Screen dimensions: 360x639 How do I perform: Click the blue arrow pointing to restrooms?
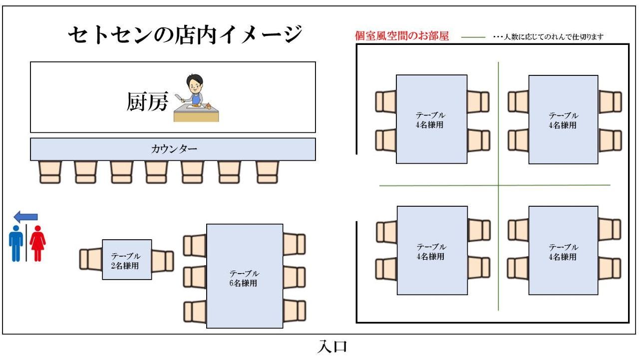click(x=25, y=217)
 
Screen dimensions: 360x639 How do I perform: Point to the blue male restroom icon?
click(x=16, y=243)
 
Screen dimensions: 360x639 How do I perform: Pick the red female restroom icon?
click(x=37, y=243)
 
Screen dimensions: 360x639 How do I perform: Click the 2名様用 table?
click(x=127, y=259)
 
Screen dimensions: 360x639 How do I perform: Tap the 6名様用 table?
click(x=245, y=276)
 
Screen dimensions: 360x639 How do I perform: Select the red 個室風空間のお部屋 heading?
click(x=401, y=36)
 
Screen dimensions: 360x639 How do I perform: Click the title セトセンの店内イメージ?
click(x=185, y=35)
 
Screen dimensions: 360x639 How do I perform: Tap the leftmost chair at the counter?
click(x=49, y=172)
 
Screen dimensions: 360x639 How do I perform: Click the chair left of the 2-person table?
click(x=91, y=260)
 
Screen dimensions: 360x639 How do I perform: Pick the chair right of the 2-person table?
click(x=162, y=261)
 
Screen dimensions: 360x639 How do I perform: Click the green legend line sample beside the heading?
click(x=473, y=37)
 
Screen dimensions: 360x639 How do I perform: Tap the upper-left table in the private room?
click(x=431, y=119)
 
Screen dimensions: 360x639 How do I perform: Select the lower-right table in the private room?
click(x=563, y=250)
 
